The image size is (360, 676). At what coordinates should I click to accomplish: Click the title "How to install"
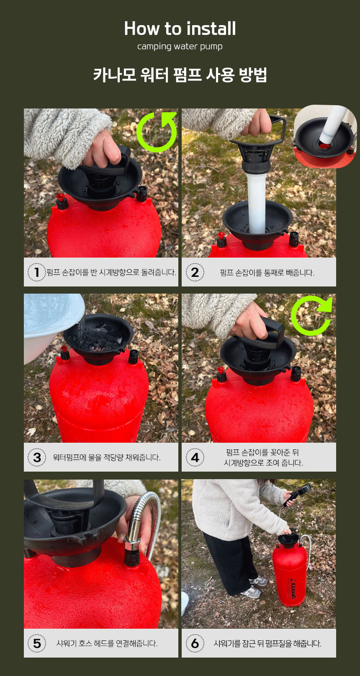coord(180,28)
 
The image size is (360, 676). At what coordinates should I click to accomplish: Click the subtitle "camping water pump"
coord(180,46)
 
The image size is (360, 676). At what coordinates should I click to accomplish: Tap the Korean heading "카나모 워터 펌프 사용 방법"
coord(180,75)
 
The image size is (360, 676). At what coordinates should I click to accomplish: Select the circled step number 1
coord(37,272)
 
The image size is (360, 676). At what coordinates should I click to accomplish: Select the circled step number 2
coord(195,272)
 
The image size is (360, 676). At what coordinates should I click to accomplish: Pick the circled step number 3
coord(37,457)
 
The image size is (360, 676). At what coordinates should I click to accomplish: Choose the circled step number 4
coord(195,457)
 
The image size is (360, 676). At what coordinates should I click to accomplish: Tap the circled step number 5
coord(37,643)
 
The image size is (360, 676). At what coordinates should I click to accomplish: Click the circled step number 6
coord(195,643)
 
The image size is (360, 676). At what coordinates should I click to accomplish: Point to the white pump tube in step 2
coord(256,202)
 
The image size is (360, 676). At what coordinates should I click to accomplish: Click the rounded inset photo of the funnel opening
coord(325,137)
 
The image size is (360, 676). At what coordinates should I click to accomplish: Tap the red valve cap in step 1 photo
coord(60,197)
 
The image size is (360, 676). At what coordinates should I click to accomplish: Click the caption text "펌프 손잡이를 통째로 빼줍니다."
coord(267,273)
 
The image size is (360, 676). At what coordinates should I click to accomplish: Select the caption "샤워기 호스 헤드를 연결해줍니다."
coord(107,643)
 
